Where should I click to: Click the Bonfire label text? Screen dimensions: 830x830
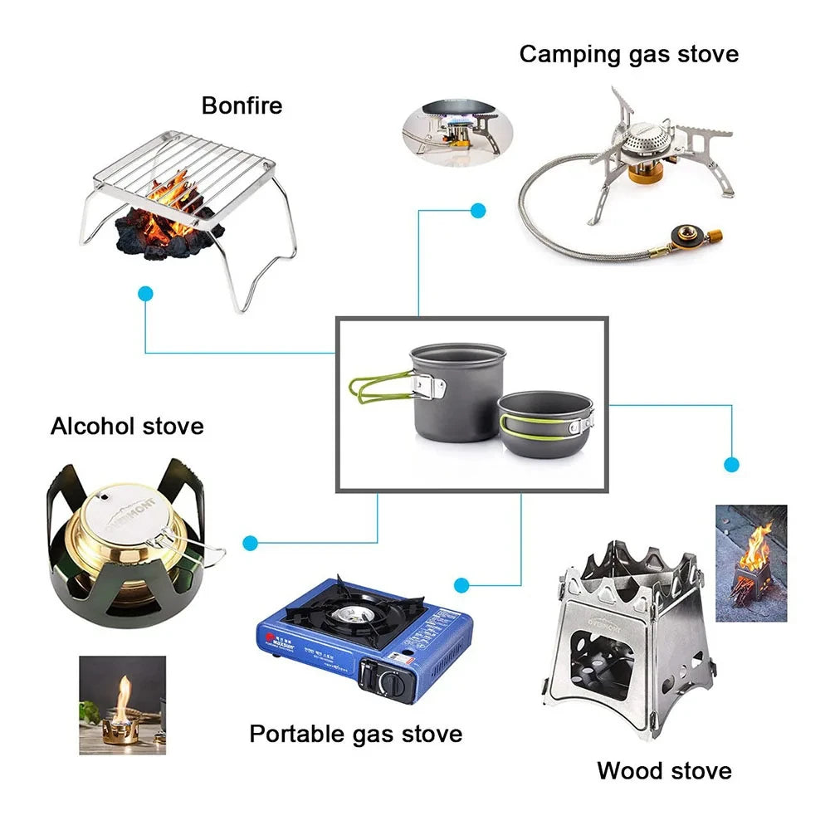[242, 105]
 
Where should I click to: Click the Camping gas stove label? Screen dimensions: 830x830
[628, 54]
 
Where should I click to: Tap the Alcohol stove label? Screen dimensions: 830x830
[127, 427]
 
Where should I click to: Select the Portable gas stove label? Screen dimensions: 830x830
[355, 734]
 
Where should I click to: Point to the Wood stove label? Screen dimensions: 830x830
[664, 770]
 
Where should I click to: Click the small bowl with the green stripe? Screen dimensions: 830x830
[544, 421]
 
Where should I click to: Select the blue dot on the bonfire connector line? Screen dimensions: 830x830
[146, 293]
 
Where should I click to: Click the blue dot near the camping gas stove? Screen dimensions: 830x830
[478, 211]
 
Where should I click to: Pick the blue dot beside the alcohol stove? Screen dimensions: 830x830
[251, 543]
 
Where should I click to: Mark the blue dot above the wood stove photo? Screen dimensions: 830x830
[731, 464]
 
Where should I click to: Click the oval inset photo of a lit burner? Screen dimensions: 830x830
[456, 129]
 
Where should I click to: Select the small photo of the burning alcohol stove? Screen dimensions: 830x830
[122, 705]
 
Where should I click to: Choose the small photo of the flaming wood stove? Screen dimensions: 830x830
[751, 564]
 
